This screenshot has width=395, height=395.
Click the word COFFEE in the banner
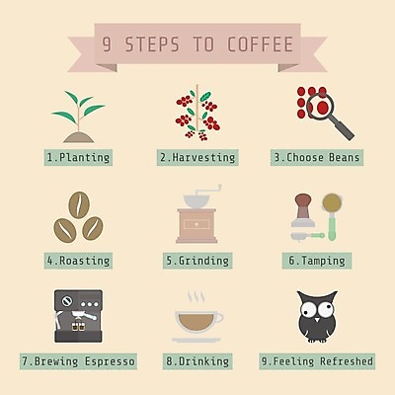pyautogui.click(x=260, y=44)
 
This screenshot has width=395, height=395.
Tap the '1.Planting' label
pyautogui.click(x=78, y=157)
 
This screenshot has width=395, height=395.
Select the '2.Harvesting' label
pyautogui.click(x=197, y=157)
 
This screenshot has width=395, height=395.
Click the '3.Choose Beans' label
pyautogui.click(x=317, y=157)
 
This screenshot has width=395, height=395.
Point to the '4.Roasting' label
pyautogui.click(x=78, y=261)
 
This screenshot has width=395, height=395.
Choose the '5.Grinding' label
pyautogui.click(x=197, y=261)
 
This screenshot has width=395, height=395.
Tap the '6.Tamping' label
pyautogui.click(x=317, y=261)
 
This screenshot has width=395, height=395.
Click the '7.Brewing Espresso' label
pyautogui.click(x=78, y=361)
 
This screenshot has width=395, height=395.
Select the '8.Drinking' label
pyautogui.click(x=197, y=361)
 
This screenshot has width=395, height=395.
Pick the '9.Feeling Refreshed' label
pyautogui.click(x=317, y=361)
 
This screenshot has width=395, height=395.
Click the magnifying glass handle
pyautogui.click(x=343, y=128)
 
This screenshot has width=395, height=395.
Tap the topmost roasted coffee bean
pyautogui.click(x=79, y=204)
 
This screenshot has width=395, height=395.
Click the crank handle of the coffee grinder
pyautogui.click(x=208, y=190)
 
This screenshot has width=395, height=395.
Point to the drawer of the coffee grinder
pyautogui.click(x=197, y=224)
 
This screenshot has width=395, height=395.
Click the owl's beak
pyautogui.click(x=317, y=320)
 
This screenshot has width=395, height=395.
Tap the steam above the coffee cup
pyautogui.click(x=197, y=297)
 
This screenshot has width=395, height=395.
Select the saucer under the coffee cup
pyautogui.click(x=197, y=340)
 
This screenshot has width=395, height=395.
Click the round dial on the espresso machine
pyautogui.click(x=67, y=301)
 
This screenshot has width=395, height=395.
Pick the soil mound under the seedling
pyautogui.click(x=79, y=137)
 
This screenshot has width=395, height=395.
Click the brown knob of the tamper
pyautogui.click(x=303, y=199)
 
